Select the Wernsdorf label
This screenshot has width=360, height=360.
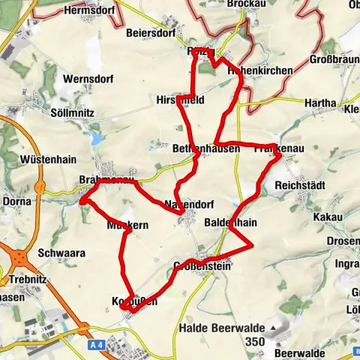coord(89,78)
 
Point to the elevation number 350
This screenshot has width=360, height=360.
coord(256,343)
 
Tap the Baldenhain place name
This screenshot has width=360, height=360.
coord(231,223)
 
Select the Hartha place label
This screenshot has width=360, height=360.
coord(321,103)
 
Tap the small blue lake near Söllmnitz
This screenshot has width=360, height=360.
coord(94,139)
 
